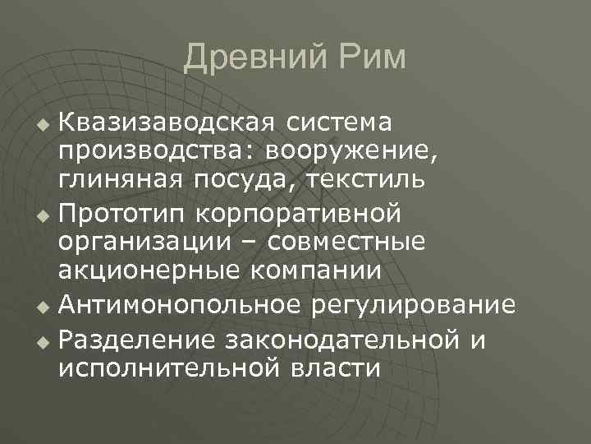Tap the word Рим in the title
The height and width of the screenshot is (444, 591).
(367, 58)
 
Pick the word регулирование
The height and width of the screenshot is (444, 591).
(417, 306)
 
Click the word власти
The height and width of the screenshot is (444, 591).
(335, 367)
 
